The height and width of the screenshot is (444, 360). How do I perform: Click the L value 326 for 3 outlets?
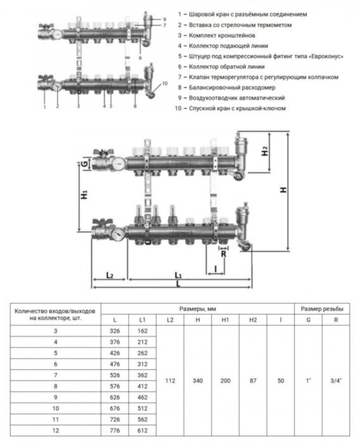(x=115, y=330)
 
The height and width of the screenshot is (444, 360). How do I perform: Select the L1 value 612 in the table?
(x=143, y=431)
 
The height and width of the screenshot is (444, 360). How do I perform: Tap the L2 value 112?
(x=170, y=381)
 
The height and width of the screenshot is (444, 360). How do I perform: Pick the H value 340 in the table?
(x=198, y=381)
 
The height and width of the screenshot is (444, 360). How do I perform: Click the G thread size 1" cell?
(x=308, y=381)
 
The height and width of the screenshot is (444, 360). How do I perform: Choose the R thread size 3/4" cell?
(x=336, y=381)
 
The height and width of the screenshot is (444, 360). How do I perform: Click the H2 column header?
(x=253, y=320)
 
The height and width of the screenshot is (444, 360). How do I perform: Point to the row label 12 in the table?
(x=56, y=431)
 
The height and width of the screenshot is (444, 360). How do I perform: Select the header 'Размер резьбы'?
(x=322, y=309)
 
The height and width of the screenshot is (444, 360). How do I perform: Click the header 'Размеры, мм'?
(x=198, y=309)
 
